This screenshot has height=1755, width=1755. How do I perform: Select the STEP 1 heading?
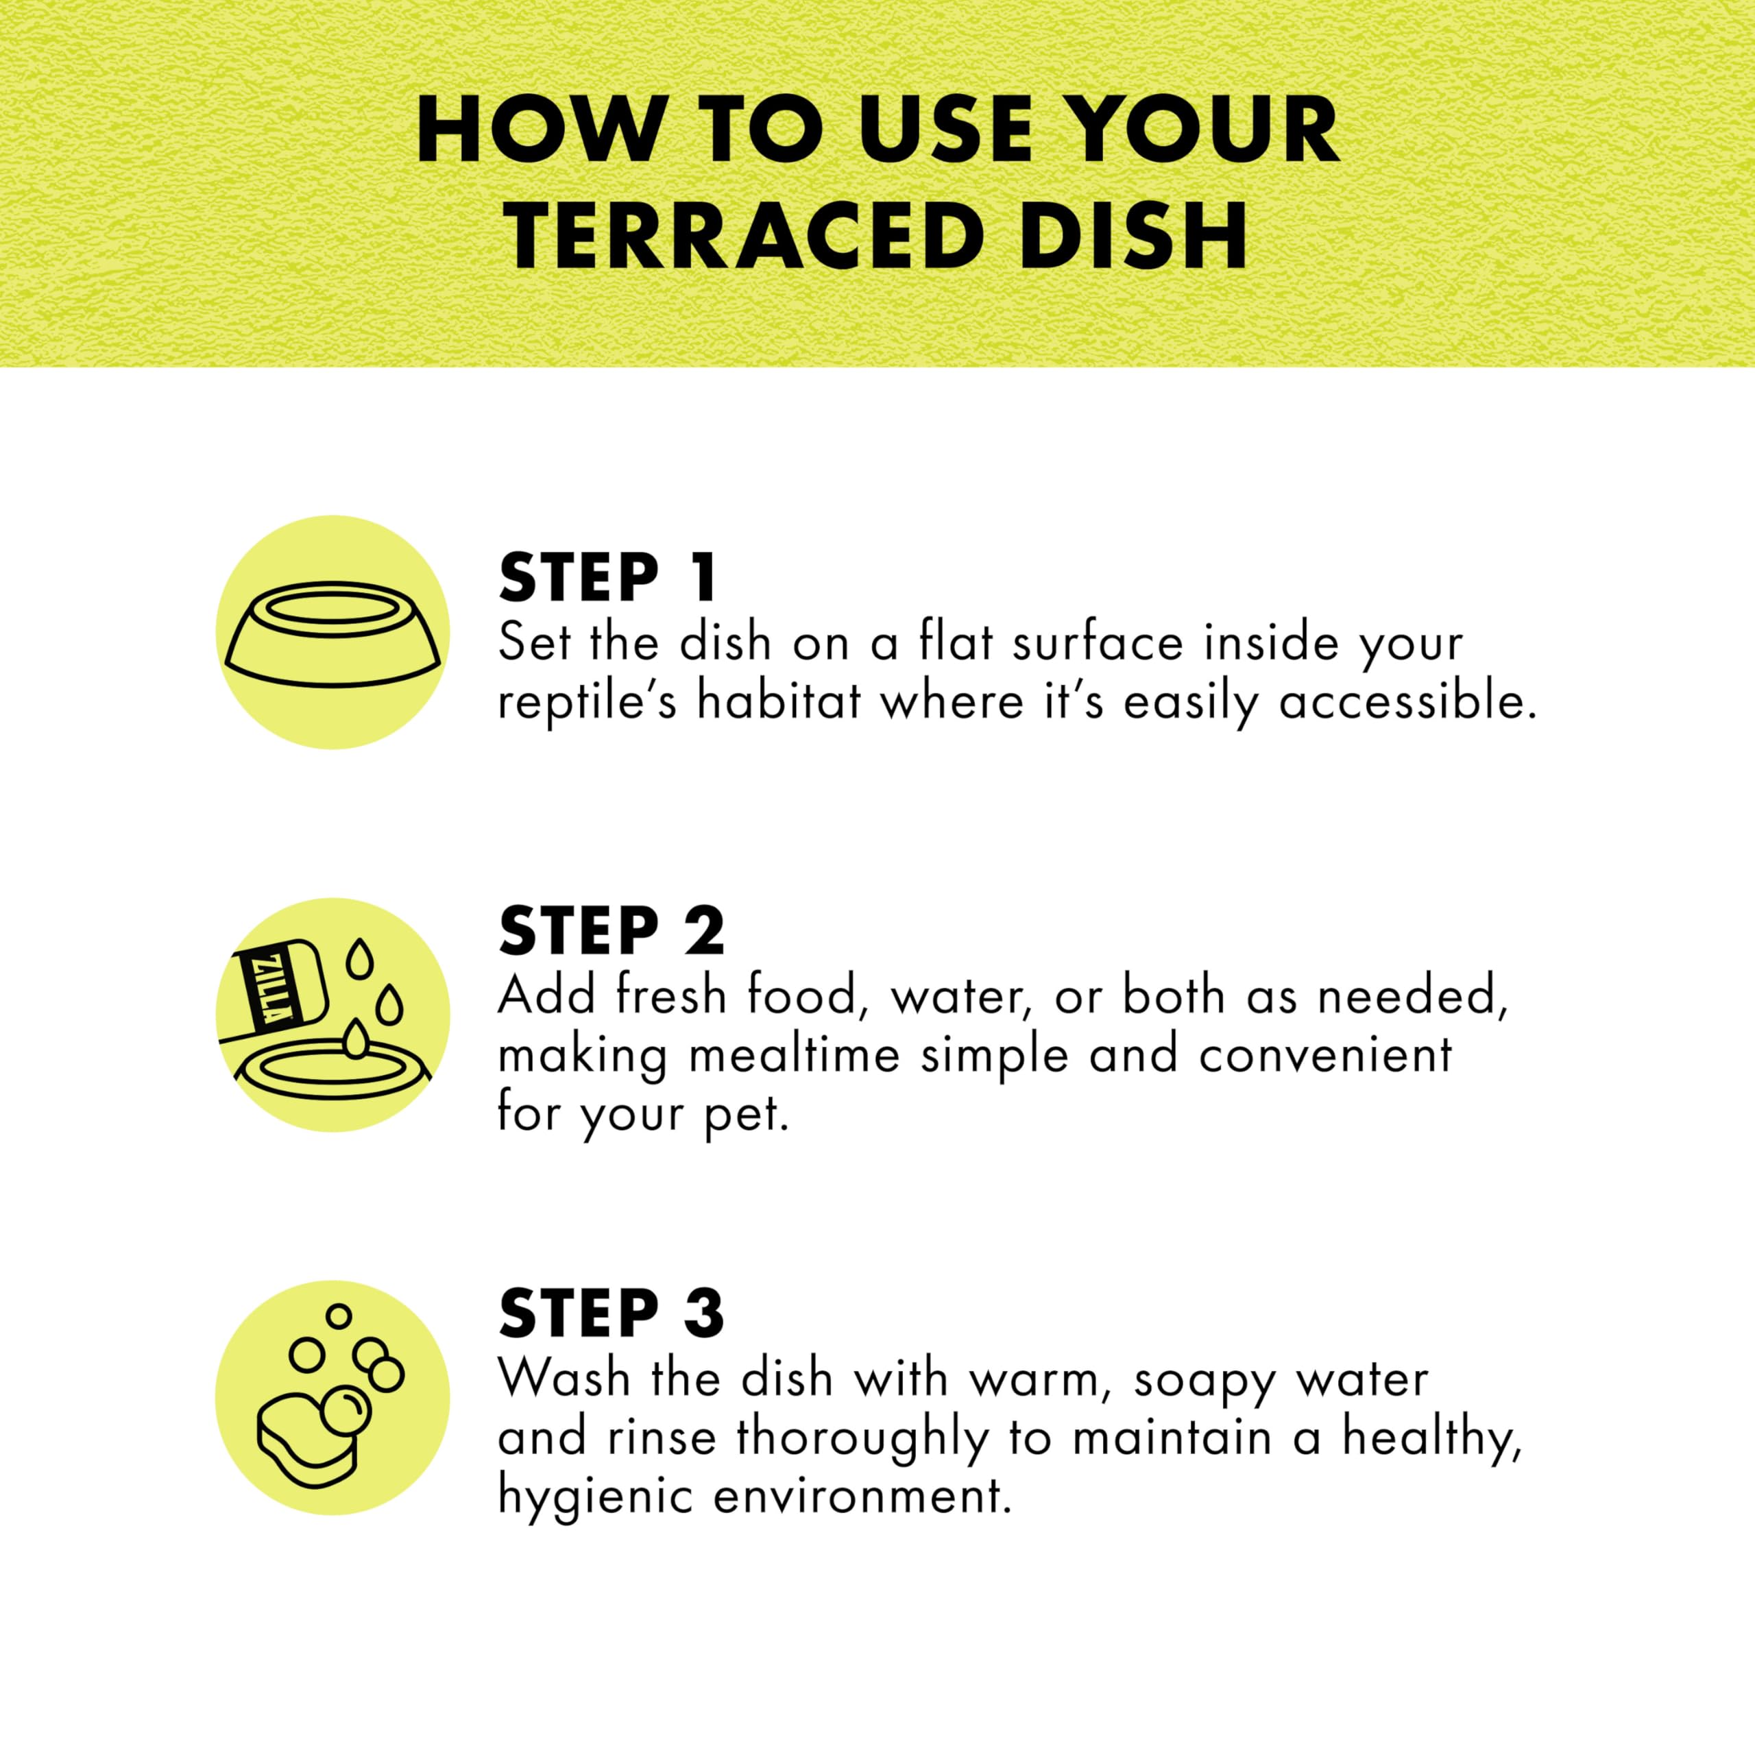click(607, 578)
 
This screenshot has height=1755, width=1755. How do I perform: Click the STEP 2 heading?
click(612, 931)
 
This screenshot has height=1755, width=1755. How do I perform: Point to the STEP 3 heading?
click(612, 1313)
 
